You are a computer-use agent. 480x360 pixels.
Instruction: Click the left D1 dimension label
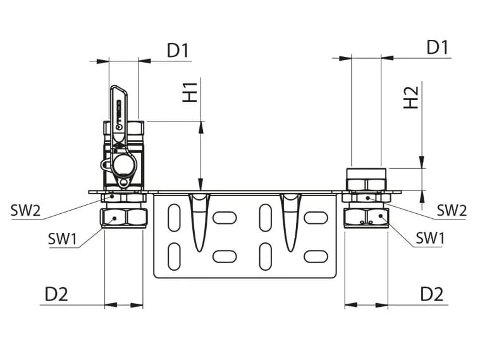pyautogui.click(x=178, y=50)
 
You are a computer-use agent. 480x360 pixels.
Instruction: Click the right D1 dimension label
pyautogui.click(x=437, y=47)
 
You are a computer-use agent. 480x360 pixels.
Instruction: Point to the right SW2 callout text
pyautogui.click(x=452, y=210)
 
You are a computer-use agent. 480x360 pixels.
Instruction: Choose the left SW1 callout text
pyautogui.click(x=63, y=239)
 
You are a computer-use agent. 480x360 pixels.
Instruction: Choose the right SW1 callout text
pyautogui.click(x=430, y=239)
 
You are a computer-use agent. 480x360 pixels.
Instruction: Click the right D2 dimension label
pyautogui.click(x=432, y=294)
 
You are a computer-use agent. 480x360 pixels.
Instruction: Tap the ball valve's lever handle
pyautogui.click(x=118, y=111)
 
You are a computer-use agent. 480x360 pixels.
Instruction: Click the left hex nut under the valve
pyautogui.click(x=125, y=219)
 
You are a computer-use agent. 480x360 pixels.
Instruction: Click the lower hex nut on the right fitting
pyautogui.click(x=366, y=218)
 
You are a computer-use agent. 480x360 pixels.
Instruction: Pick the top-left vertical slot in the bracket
pyautogui.click(x=173, y=221)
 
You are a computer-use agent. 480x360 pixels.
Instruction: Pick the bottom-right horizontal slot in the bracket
pyautogui.click(x=316, y=256)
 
